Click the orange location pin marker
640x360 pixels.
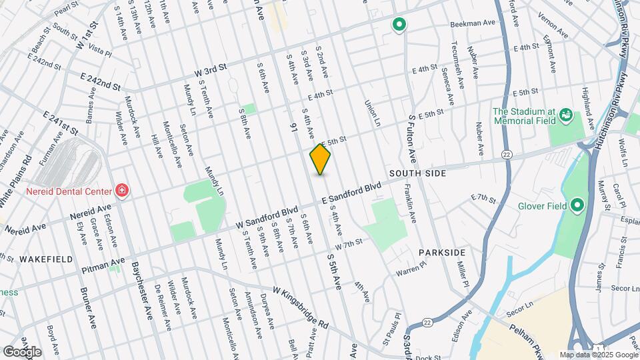pos(320,159)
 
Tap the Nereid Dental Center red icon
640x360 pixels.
pos(121,191)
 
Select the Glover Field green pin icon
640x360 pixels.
pos(577,205)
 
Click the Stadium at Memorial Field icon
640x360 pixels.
pos(565,115)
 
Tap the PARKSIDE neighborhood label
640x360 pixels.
pos(442,253)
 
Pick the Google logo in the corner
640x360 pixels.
pos(21,351)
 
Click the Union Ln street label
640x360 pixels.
pos(371,113)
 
